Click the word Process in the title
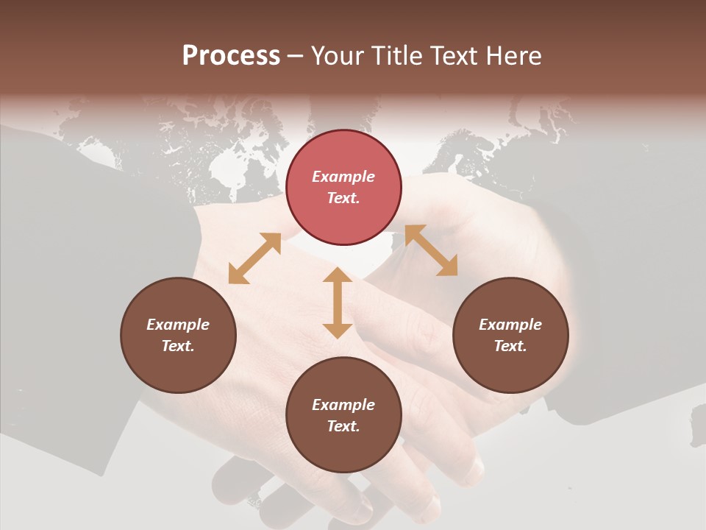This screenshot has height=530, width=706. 231,56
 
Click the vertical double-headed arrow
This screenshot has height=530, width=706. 338,303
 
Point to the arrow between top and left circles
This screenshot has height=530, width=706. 254,258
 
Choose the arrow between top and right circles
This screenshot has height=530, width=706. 431,250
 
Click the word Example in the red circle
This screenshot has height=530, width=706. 343,177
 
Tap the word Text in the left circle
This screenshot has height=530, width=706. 178,346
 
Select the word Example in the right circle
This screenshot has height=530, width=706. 510,325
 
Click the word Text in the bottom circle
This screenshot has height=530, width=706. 343,426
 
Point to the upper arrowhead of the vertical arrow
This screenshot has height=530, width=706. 338,275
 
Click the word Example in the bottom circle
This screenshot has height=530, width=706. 343,405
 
